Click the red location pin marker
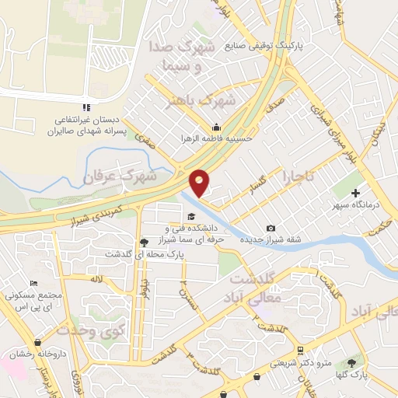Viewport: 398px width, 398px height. tap(200, 183)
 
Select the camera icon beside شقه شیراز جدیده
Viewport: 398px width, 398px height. tap(271, 228)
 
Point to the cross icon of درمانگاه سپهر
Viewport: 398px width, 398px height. tap(357, 193)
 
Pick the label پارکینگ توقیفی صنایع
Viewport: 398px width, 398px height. tap(260, 45)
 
